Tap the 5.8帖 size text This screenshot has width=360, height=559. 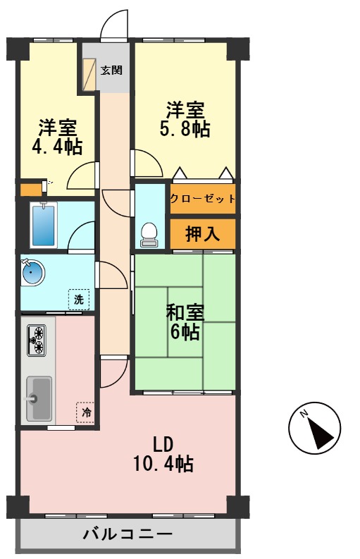pos(185,130)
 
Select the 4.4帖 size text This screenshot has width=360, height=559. pos(57,147)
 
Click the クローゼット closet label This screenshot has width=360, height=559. pos(202,199)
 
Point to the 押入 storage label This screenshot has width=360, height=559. pos(202,235)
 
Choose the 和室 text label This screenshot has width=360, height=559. pos(185,312)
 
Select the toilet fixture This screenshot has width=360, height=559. pos(149,235)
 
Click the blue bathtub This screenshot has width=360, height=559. pos(44,225)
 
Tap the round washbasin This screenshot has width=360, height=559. pos(32,272)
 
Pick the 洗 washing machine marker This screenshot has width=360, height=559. pos(79,300)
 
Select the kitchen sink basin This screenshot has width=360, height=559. pos(39,398)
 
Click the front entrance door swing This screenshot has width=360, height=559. pos(114,27)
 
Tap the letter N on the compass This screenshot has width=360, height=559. pos(303,414)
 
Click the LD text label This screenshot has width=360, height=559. pos(163,443)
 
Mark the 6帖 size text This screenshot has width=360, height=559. pos(185,331)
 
